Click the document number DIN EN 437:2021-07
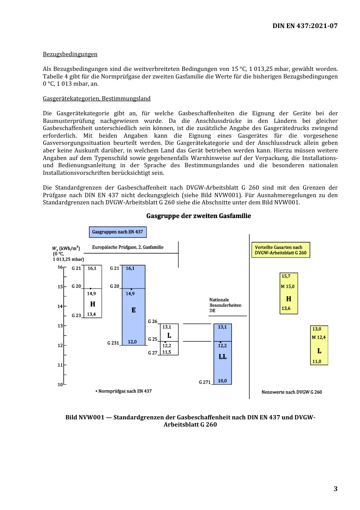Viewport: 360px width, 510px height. tap(305, 26)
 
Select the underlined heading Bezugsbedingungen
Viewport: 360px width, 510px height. tap(70, 54)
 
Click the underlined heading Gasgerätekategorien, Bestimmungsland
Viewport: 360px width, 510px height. tap(97, 99)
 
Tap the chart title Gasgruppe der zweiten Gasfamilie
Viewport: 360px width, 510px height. tap(199, 216)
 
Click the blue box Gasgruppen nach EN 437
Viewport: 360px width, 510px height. tap(117, 232)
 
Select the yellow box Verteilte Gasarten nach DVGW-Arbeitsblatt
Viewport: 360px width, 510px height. tap(280, 250)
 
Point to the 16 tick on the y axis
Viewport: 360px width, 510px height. tap(60, 267)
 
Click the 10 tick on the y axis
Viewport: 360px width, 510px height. tap(60, 384)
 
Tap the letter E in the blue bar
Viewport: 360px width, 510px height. tap(133, 310)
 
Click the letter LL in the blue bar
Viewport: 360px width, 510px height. tap(222, 357)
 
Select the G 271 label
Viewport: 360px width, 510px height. tap(205, 382)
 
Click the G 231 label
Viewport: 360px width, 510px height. tap(113, 343)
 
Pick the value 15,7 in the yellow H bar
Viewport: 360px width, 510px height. tap(286, 276)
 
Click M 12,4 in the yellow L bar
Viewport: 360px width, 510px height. tap(319, 337)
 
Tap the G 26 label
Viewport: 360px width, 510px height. tap(152, 322)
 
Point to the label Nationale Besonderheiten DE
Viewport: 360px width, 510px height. tap(225, 305)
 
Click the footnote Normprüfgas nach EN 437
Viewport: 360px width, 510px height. tap(124, 391)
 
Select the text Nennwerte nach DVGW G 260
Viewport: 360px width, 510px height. tap(291, 392)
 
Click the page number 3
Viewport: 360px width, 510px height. tap(335, 489)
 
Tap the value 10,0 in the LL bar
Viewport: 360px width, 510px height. tap(222, 381)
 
